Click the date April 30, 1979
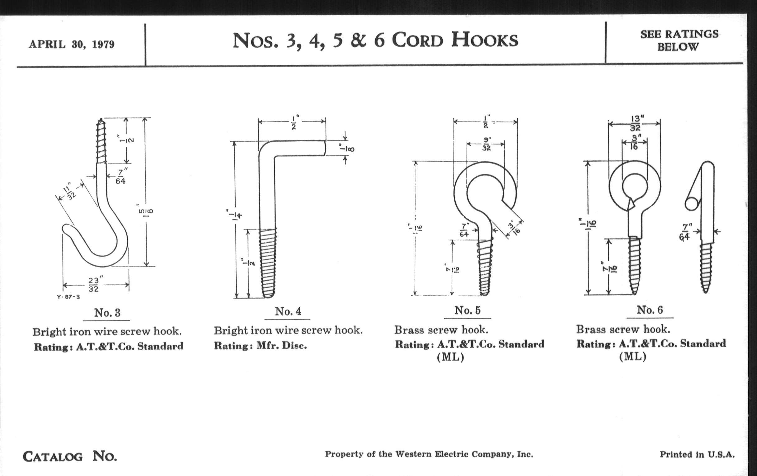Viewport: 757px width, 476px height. point(72,44)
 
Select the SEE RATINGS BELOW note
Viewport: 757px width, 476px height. point(679,40)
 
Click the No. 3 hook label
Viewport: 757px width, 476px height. point(107,313)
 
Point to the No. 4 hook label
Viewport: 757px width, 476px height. point(288,311)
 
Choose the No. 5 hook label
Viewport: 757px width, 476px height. point(467,310)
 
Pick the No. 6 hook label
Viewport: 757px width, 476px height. point(650,310)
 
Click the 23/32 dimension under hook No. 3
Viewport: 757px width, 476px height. point(94,284)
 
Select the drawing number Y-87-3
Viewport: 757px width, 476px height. point(68,297)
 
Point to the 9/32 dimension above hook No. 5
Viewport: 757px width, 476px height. point(486,144)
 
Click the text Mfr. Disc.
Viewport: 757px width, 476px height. point(281,346)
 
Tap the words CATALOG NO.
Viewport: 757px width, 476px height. point(70,456)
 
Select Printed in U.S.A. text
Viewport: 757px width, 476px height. point(697,454)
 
